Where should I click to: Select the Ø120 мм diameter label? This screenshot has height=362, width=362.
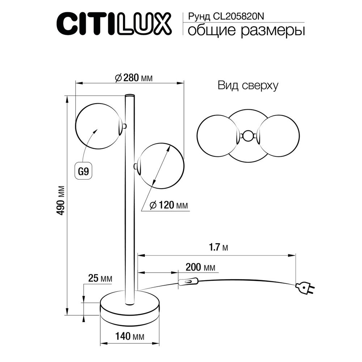(x=169, y=205)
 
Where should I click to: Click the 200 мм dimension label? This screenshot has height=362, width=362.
(x=200, y=268)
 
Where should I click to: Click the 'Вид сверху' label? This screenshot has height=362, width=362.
(x=248, y=85)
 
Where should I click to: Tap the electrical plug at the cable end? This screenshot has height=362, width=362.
(x=304, y=288)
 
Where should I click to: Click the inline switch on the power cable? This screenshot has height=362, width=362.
(x=188, y=281)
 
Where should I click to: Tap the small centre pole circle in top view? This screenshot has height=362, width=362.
(x=248, y=136)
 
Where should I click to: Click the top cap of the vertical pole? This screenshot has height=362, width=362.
(x=129, y=96)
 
